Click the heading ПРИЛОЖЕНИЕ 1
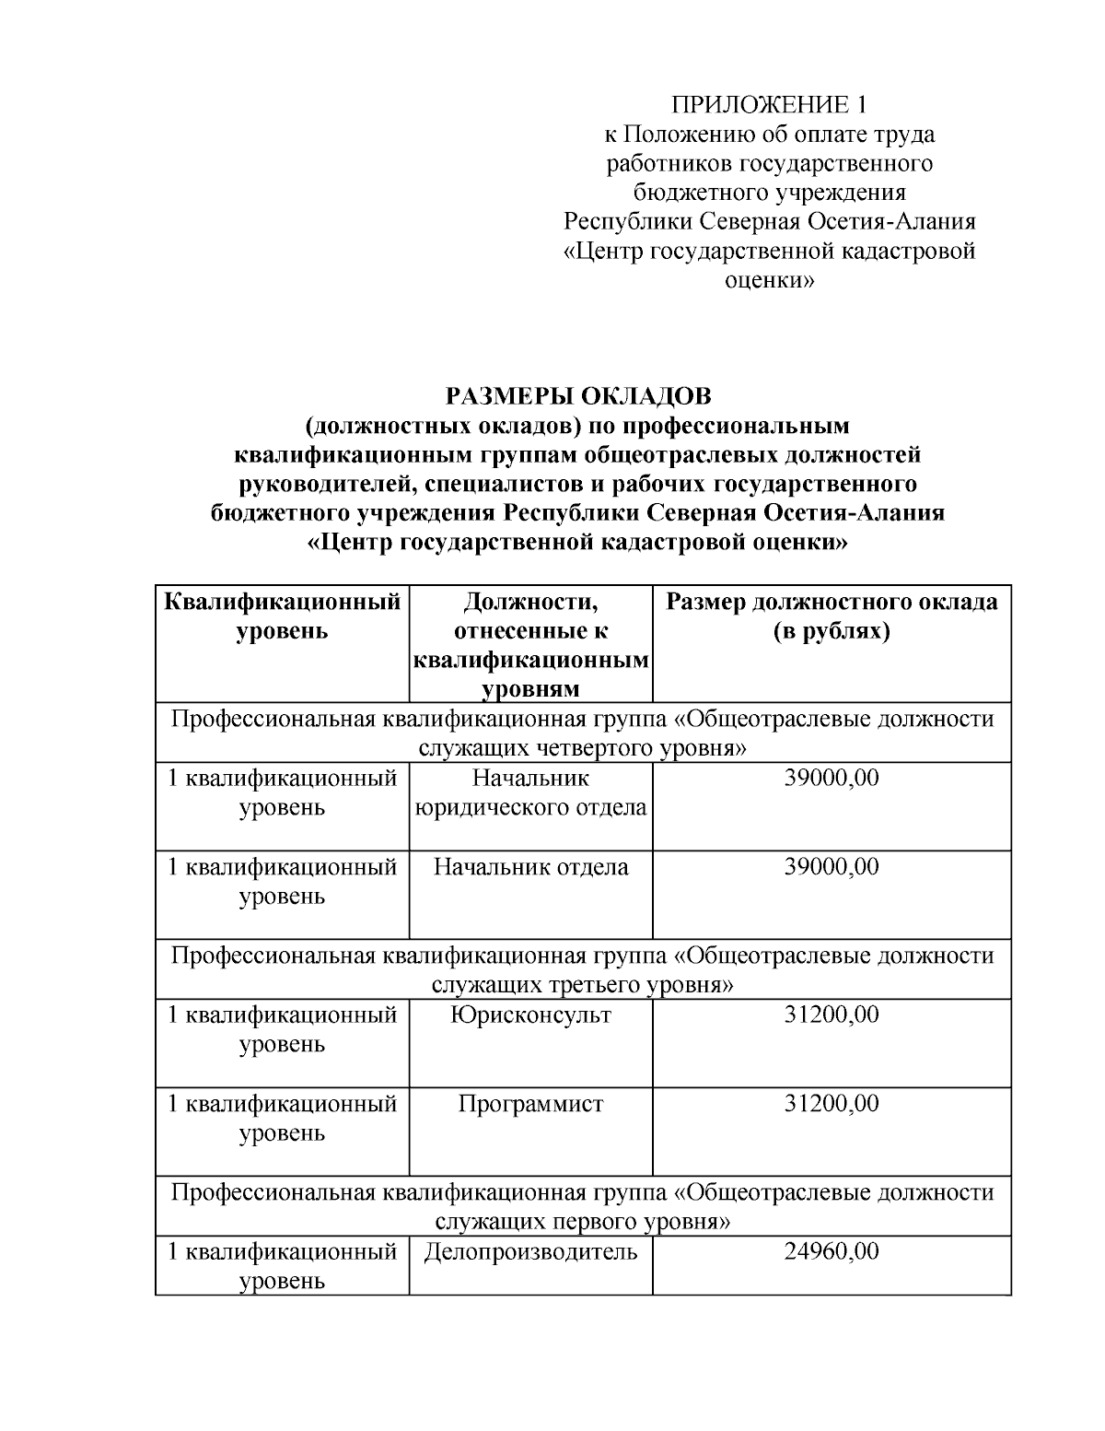pyautogui.click(x=769, y=104)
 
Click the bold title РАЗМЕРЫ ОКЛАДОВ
pyautogui.click(x=578, y=396)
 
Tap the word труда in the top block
pyautogui.click(x=901, y=135)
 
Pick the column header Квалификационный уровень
pyautogui.click(x=282, y=617)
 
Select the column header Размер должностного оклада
pyautogui.click(x=832, y=603)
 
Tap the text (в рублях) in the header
pyautogui.click(x=832, y=632)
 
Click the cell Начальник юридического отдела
pyautogui.click(x=530, y=793)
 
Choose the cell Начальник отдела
pyautogui.click(x=530, y=867)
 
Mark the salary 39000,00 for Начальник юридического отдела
pyautogui.click(x=832, y=779)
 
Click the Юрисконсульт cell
pyautogui.click(x=530, y=1015)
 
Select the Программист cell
pyautogui.click(x=530, y=1104)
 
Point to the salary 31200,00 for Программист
pyautogui.click(x=832, y=1104)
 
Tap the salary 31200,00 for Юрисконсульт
pyautogui.click(x=832, y=1015)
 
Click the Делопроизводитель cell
pyautogui.click(x=530, y=1252)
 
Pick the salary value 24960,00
pyautogui.click(x=832, y=1252)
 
